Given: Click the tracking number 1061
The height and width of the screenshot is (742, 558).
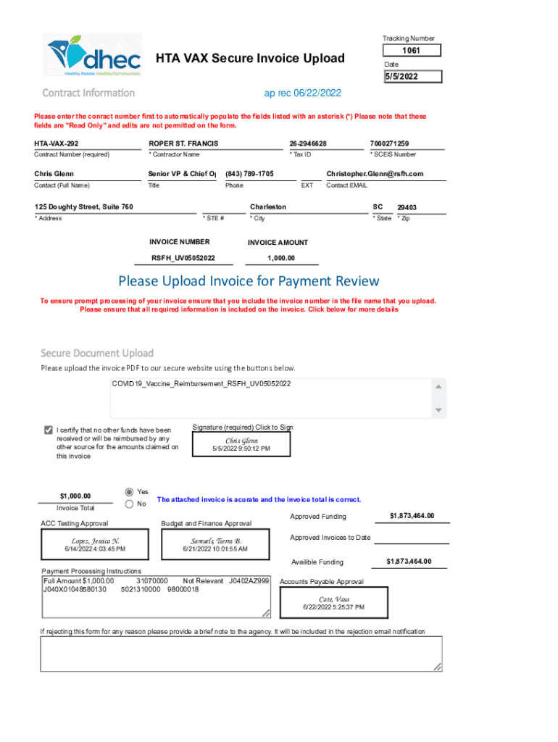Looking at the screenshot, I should point(411,51).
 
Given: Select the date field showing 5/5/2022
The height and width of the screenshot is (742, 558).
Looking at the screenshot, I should point(411,77).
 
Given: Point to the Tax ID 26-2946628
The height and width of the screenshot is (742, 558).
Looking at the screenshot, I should point(308,143).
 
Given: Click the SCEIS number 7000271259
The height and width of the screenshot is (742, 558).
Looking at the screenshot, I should point(389,143).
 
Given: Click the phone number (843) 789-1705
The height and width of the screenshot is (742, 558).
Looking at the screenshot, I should point(249,174).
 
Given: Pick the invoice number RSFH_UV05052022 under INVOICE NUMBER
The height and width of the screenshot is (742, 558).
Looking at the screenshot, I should point(183,258).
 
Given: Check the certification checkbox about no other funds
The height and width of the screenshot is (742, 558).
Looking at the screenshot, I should point(49,430).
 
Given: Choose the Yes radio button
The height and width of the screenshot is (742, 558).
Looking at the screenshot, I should point(130,491).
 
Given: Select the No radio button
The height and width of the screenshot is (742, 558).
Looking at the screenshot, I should point(130,504).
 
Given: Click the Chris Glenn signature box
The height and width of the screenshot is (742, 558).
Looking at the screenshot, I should point(241,444).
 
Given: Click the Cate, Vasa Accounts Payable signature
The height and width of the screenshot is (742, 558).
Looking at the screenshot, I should point(334,603).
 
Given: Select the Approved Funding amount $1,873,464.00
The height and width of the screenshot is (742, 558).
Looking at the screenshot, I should point(412,516).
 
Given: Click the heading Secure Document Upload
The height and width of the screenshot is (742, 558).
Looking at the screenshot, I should point(97,353).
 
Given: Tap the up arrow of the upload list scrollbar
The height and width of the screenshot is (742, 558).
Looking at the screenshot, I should point(438,386).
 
